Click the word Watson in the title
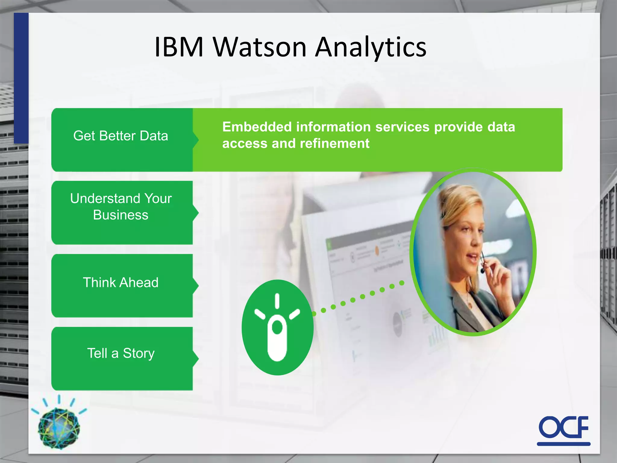pos(260,47)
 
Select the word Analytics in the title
pos(371,47)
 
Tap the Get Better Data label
pos(121,136)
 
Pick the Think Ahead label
pos(121,283)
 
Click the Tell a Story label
pos(121,353)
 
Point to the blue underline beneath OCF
pos(563,444)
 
